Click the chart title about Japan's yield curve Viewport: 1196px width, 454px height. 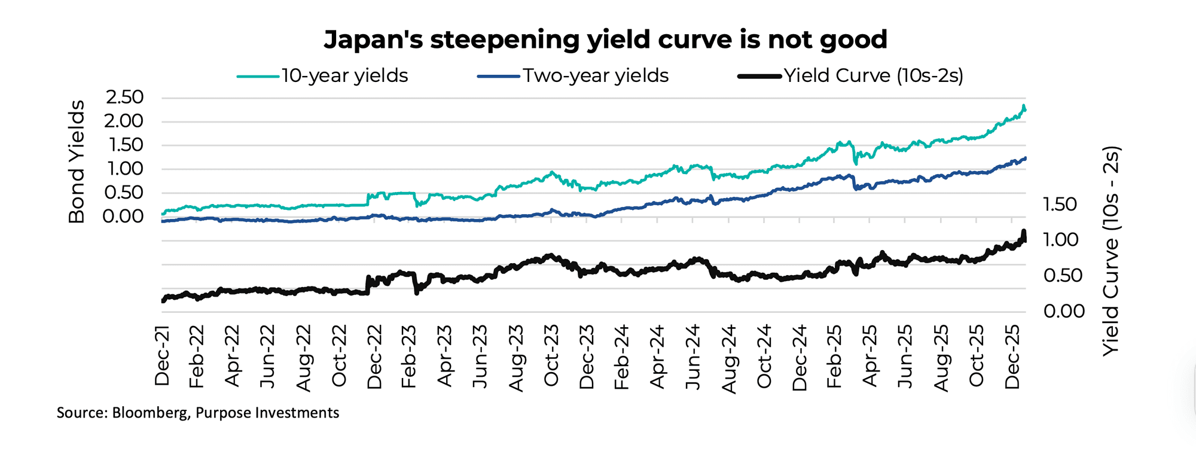pyautogui.click(x=605, y=39)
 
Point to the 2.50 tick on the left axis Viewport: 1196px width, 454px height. pyautogui.click(x=124, y=97)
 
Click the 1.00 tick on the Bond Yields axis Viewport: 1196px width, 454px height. pyautogui.click(x=124, y=169)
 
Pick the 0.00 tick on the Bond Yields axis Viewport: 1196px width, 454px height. pyautogui.click(x=124, y=217)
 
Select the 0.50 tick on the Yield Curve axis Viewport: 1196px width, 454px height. pyautogui.click(x=1063, y=276)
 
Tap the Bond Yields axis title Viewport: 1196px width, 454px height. pyautogui.click(x=77, y=162)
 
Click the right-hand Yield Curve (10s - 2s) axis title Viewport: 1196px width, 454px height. pyautogui.click(x=1110, y=251)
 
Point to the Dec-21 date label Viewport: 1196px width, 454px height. pyautogui.click(x=162, y=355)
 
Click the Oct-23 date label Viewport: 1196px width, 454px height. pyautogui.click(x=551, y=355)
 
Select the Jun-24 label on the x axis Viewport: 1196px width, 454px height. pyautogui.click(x=693, y=357)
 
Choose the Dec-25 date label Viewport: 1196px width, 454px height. pyautogui.click(x=1012, y=357)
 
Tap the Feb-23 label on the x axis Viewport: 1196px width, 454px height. pyautogui.click(x=410, y=357)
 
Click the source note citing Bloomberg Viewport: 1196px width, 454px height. pyautogui.click(x=197, y=413)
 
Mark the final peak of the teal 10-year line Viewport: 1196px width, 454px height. pyautogui.click(x=1024, y=106)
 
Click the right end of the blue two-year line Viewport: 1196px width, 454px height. pyautogui.click(x=1026, y=158)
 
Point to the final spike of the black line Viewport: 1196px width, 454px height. pyautogui.click(x=1024, y=231)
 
